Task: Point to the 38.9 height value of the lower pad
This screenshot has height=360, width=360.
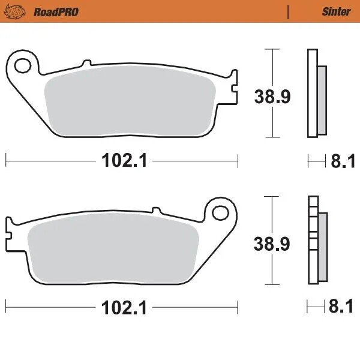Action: click(271, 244)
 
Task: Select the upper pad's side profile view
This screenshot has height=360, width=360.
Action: click(316, 93)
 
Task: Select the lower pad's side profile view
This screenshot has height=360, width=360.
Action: click(316, 240)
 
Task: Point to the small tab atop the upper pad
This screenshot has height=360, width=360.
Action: click(86, 63)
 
